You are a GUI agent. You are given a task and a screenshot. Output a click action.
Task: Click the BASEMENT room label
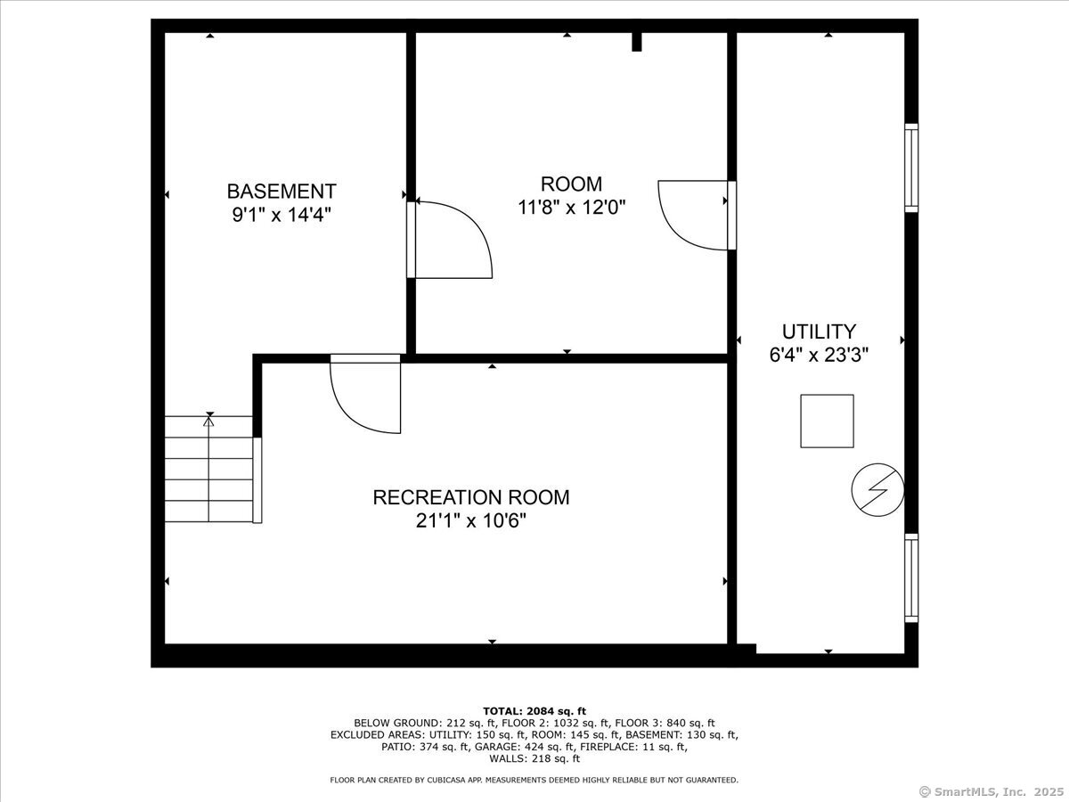(282, 192)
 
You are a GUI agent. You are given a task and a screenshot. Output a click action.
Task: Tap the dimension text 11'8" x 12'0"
(571, 208)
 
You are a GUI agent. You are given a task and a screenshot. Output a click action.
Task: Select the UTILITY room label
(819, 331)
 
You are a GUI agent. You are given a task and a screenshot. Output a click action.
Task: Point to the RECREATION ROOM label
(471, 497)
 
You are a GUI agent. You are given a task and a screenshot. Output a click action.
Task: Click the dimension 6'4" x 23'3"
(819, 355)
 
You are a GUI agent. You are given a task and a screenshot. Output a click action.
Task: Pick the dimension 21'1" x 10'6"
(471, 521)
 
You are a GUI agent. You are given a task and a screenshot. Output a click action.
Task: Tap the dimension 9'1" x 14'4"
(282, 214)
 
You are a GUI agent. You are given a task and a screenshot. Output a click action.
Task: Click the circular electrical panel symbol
(877, 490)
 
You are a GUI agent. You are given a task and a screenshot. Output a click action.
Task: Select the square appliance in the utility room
(827, 421)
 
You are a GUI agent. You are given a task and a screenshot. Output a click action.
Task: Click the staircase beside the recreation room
(209, 469)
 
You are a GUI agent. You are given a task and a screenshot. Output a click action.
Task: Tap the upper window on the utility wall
(911, 168)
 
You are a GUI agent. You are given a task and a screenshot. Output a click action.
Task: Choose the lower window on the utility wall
(911, 578)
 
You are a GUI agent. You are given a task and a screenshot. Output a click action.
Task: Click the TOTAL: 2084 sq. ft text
(534, 711)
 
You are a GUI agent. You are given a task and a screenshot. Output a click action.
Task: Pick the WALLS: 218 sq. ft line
(534, 758)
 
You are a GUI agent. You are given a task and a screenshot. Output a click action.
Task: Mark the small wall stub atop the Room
(637, 42)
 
